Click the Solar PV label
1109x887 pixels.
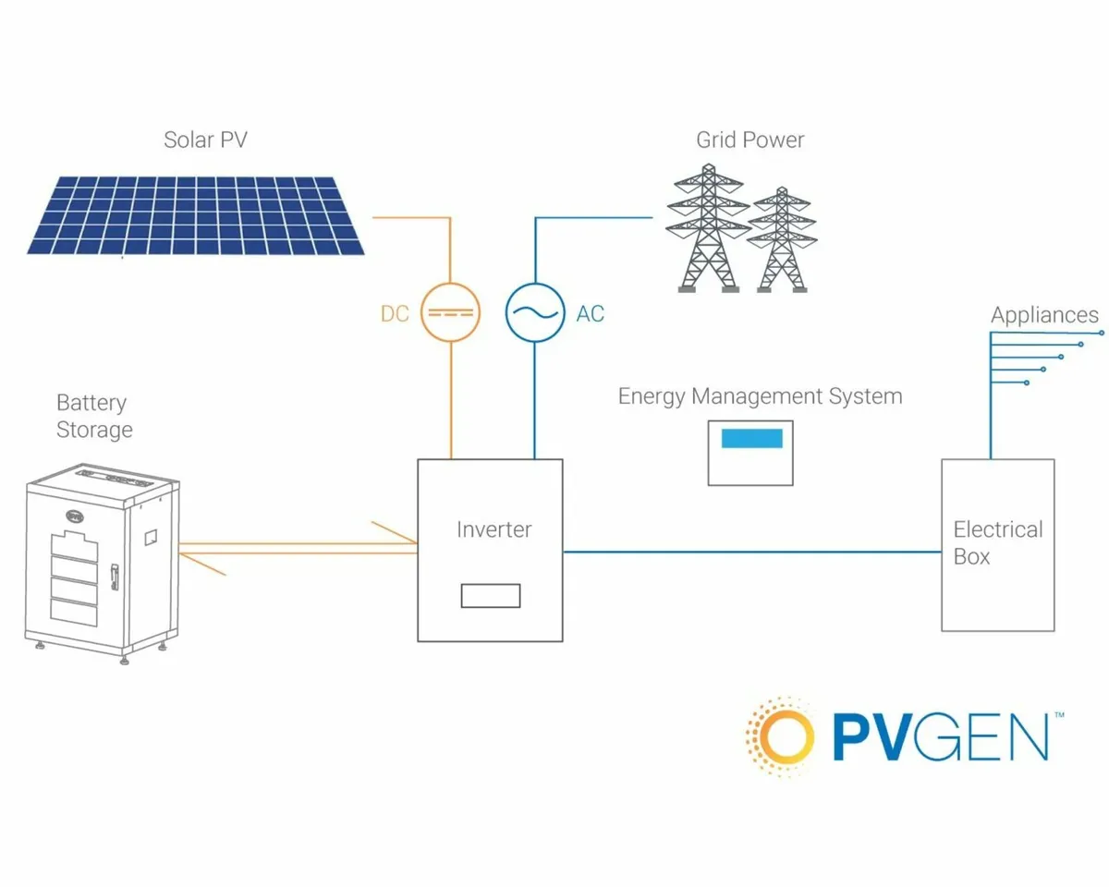(205, 140)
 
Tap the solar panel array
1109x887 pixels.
(196, 213)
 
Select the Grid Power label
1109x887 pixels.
(749, 140)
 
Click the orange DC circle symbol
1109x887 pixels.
(450, 313)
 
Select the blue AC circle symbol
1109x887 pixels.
(534, 313)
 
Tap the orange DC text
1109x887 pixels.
(395, 314)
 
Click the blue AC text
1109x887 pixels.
(590, 314)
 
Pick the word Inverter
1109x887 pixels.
(494, 530)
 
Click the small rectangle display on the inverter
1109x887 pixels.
(491, 596)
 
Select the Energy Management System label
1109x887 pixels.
(760, 397)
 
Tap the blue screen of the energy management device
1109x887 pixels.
(751, 439)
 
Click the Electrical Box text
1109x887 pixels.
(997, 543)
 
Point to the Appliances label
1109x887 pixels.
(1044, 315)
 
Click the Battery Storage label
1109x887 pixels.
(93, 417)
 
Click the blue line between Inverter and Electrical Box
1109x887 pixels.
(750, 552)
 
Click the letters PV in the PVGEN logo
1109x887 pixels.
(878, 737)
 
